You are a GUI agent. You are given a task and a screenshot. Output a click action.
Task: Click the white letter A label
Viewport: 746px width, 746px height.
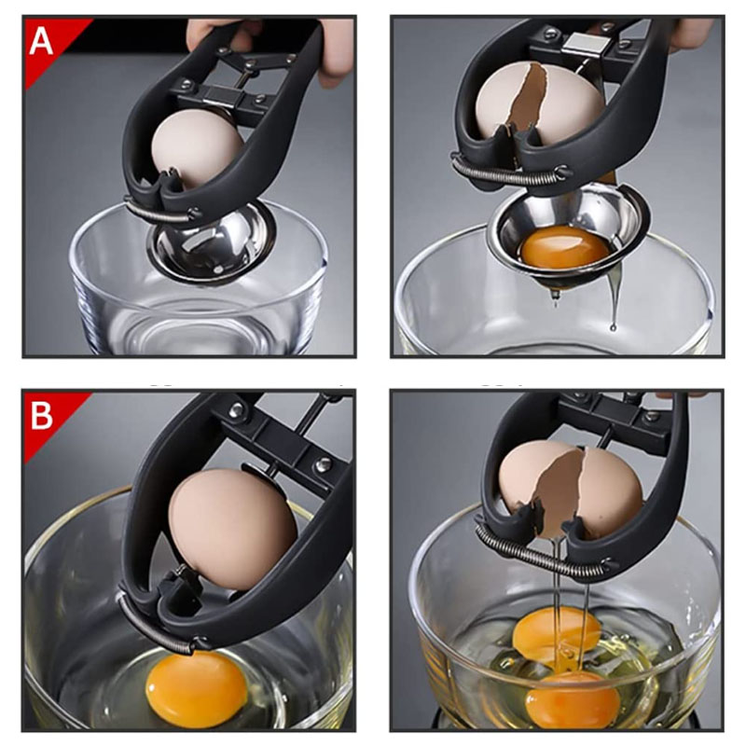pos(41,41)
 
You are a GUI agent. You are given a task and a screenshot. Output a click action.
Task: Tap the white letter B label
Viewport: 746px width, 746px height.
pos(41,416)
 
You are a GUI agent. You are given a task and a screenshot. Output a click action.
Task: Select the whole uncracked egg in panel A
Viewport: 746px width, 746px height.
pos(197,147)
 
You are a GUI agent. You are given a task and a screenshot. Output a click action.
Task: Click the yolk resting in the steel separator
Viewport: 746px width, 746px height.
pos(565,247)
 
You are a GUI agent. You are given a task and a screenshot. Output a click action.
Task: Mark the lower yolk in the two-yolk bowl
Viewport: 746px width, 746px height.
pos(573,699)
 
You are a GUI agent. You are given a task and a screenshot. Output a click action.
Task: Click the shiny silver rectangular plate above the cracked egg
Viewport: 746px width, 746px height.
pos(587,45)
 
